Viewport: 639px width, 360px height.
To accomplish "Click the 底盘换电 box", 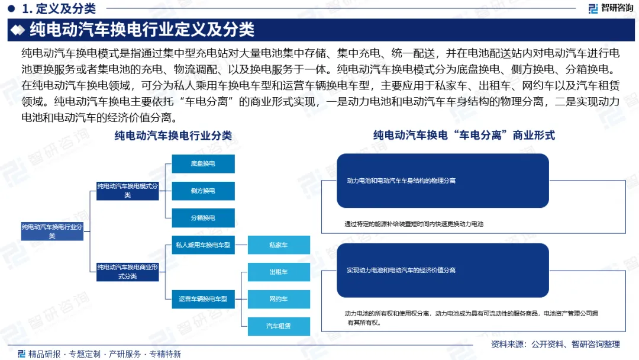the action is (x=203, y=163).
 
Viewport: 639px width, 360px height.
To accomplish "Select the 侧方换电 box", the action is (x=203, y=191).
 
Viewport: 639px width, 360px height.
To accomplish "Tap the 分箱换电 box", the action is (x=203, y=218).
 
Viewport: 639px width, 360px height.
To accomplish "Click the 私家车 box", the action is (x=278, y=245).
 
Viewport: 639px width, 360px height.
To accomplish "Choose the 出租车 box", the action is (x=278, y=272).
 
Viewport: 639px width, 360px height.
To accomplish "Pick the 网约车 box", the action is (x=278, y=299).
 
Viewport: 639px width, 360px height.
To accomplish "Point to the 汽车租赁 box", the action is (x=278, y=326).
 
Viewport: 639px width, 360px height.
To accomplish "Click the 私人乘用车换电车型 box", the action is (x=203, y=245).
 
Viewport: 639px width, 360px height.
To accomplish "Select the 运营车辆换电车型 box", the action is (x=203, y=299).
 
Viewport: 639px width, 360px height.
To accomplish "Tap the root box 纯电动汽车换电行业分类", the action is (x=52, y=231).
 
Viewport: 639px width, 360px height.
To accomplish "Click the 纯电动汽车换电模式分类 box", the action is (x=128, y=191).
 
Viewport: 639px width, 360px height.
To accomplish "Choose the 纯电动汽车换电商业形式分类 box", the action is (x=128, y=272).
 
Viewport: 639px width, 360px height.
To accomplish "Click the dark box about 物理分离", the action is (x=443, y=181).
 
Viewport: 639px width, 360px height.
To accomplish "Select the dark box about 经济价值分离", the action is (x=443, y=270).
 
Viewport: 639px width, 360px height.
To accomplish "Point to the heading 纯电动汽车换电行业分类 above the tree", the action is (x=173, y=136).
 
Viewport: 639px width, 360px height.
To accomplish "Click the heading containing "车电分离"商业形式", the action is (x=464, y=136).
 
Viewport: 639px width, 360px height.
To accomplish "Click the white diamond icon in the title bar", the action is (x=19, y=30).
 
